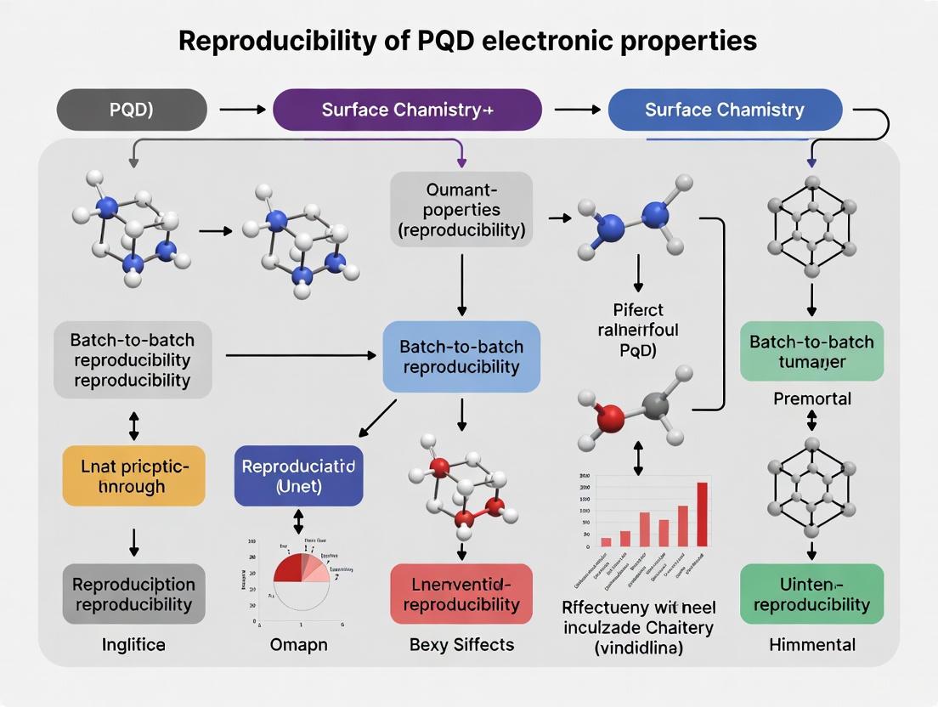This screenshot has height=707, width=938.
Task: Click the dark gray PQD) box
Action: point(132,110)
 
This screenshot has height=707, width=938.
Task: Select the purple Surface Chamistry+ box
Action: point(407,110)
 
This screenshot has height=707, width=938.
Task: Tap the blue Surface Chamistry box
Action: point(725,110)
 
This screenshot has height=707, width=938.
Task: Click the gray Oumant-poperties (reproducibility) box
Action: point(461,209)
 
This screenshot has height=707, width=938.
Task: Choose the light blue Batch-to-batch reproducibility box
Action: point(461,357)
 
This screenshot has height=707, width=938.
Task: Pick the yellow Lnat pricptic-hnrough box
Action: point(134,476)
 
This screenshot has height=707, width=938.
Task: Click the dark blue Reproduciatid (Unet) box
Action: point(298,476)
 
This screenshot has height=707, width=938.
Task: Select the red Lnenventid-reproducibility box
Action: point(461,594)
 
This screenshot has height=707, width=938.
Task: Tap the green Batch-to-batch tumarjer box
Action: point(811,352)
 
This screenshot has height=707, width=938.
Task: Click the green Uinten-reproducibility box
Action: point(811,594)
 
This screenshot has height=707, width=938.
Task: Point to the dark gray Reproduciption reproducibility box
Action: point(134,594)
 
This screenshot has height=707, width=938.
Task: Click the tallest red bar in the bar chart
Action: point(703,513)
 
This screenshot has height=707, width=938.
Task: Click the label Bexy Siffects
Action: point(461,645)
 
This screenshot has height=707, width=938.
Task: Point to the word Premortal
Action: point(812,399)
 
